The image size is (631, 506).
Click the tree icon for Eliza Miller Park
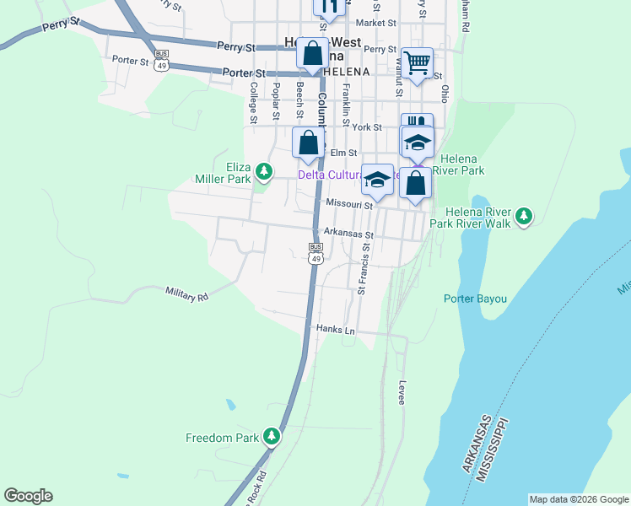tap(264, 172)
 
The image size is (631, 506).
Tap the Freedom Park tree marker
tap(271, 437)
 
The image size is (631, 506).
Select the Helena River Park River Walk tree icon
tap(524, 216)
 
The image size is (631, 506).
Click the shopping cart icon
tap(417, 63)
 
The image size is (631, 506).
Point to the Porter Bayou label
tap(475, 298)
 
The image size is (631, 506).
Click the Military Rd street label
tap(186, 293)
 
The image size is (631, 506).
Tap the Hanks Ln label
tap(335, 329)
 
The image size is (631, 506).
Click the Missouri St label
tap(349, 204)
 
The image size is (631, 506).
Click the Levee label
tap(402, 391)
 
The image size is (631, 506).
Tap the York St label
tap(368, 127)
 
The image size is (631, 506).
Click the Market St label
tap(376, 23)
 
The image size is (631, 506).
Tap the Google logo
tap(28, 496)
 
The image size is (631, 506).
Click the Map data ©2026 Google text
tap(579, 499)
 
